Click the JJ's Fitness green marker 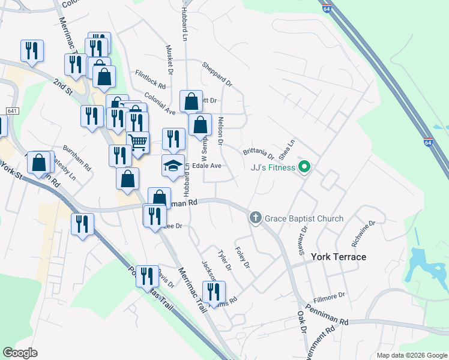tap(304, 167)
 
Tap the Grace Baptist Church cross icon tap(255, 218)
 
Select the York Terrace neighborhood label tap(339, 257)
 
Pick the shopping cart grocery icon tap(138, 143)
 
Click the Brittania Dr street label tap(258, 153)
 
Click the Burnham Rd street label tap(77, 157)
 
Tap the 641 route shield tap(13, 112)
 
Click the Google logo tap(20, 353)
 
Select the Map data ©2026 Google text tap(411, 355)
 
